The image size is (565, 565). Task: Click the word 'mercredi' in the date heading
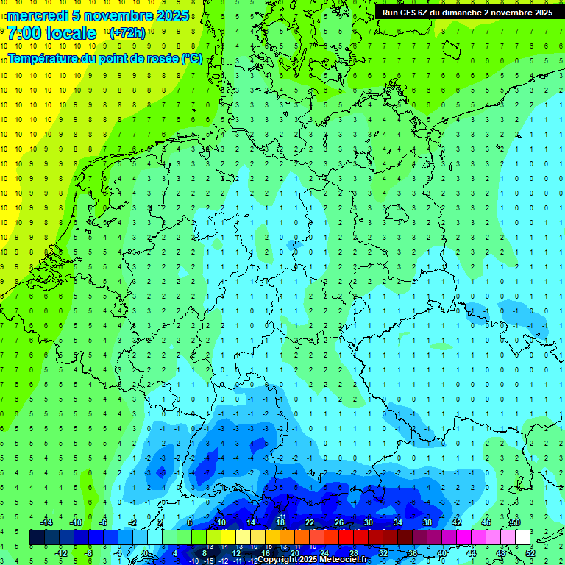(38, 15)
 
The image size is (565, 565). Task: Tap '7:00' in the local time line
(25, 33)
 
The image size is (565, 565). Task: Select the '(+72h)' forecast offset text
(127, 33)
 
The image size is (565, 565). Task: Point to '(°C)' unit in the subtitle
(191, 58)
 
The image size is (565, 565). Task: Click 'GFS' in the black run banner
(405, 13)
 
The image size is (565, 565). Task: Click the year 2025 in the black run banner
(542, 13)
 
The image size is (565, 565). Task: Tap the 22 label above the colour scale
(310, 522)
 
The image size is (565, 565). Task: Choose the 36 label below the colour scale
(413, 552)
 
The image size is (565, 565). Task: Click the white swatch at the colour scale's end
(523, 537)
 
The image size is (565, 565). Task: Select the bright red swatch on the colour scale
(347, 537)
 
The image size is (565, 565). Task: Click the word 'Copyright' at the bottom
(277, 560)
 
